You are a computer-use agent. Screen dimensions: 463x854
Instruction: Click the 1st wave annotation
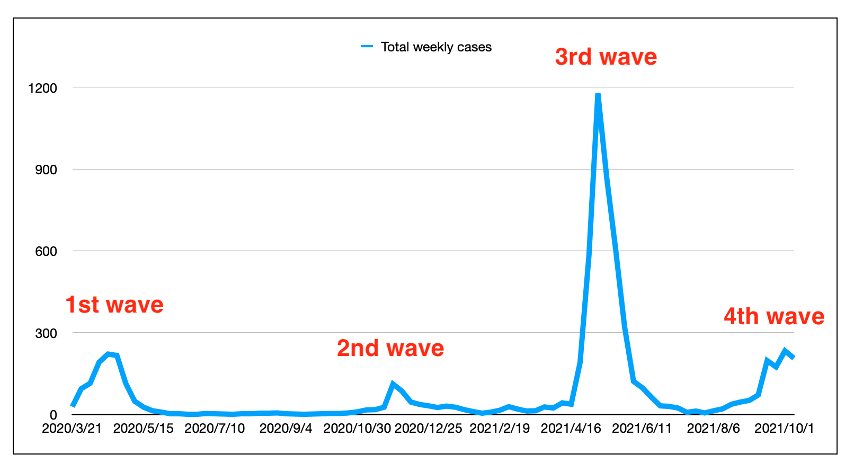click(x=114, y=305)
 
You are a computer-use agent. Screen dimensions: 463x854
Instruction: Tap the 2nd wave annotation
click(x=390, y=349)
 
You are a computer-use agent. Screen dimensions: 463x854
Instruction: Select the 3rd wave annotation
click(x=606, y=57)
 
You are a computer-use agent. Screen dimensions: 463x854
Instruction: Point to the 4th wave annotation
click(x=774, y=317)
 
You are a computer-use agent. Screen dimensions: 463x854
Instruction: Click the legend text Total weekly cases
click(x=436, y=47)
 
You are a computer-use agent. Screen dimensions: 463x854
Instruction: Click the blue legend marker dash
click(x=367, y=47)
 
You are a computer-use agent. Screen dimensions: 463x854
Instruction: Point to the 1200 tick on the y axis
click(x=42, y=88)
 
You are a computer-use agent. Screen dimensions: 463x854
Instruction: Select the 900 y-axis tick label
click(x=46, y=170)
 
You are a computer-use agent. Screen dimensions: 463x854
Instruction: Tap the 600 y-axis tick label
click(x=46, y=252)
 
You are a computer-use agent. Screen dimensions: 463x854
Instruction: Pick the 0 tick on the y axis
click(x=53, y=415)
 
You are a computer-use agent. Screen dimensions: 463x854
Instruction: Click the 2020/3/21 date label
click(x=72, y=429)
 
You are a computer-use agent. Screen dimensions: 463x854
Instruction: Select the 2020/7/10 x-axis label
click(x=215, y=429)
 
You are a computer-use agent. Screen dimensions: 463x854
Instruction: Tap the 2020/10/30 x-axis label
click(x=357, y=429)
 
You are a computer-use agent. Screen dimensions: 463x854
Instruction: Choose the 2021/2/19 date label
click(x=500, y=429)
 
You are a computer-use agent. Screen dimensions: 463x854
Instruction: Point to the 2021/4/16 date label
click(x=571, y=429)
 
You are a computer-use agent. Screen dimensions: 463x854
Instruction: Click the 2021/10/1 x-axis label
click(x=784, y=429)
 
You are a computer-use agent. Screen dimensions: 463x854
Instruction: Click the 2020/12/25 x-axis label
click(x=428, y=429)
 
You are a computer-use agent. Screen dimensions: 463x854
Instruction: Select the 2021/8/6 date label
click(x=713, y=429)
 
